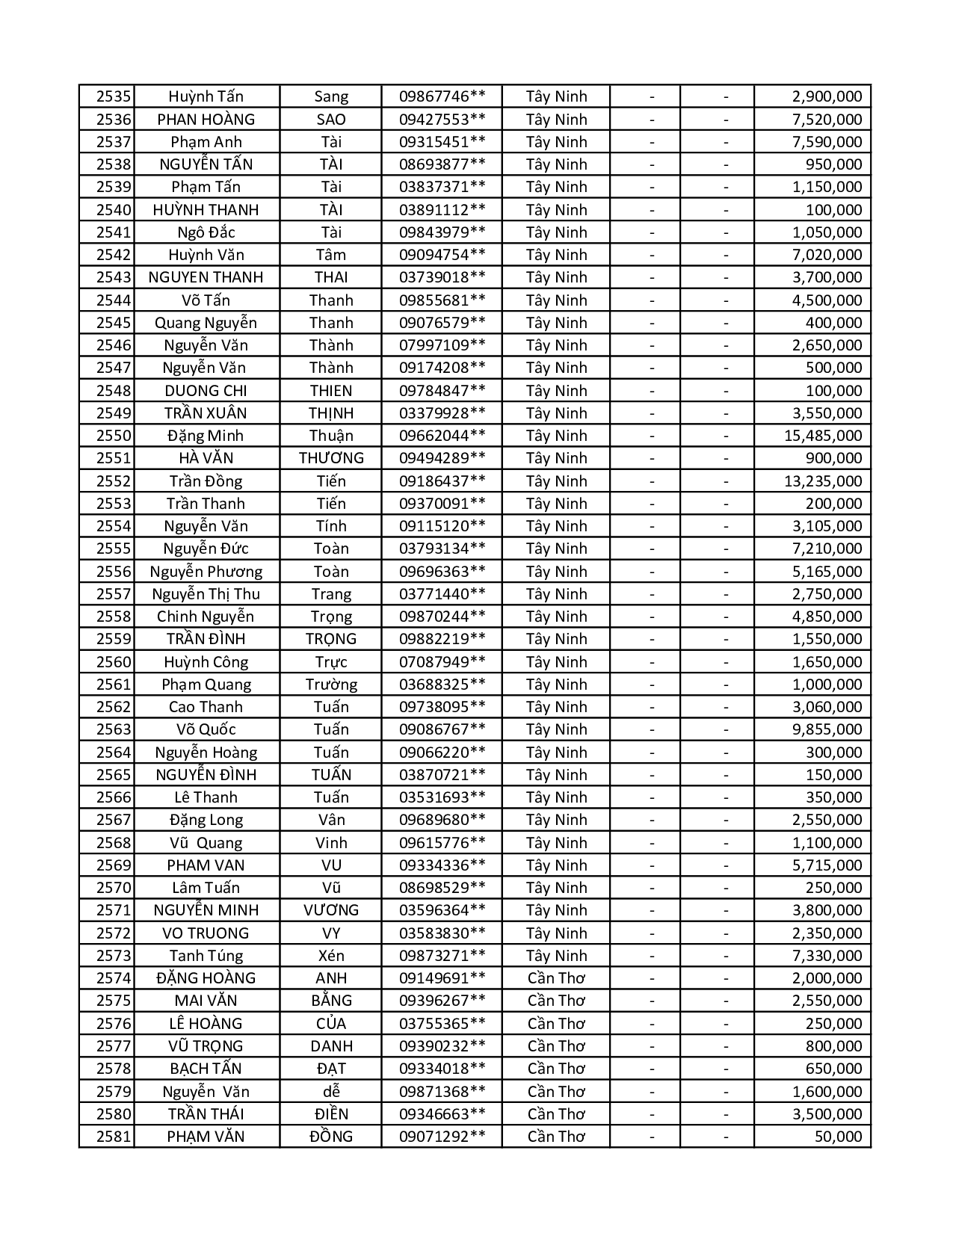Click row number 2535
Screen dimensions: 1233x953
tap(114, 96)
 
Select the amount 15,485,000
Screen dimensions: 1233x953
tap(822, 436)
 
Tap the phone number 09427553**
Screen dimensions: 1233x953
tap(442, 120)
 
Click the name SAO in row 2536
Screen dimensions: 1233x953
tap(330, 120)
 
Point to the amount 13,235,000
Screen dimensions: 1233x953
tap(822, 481)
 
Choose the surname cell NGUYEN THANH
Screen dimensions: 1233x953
tap(206, 277)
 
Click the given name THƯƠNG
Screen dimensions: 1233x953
tap(330, 458)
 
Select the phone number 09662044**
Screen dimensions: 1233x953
tap(442, 436)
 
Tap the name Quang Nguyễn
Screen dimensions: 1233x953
tap(206, 323)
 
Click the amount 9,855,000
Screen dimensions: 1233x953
tap(827, 729)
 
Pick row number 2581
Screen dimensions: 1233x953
tap(114, 1137)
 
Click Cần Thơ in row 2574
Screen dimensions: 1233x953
tap(556, 978)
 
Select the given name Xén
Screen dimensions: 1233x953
tap(330, 956)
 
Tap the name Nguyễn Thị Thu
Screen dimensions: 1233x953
tap(206, 594)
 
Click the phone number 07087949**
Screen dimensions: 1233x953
tap(442, 662)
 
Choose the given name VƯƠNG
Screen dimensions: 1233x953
tap(330, 910)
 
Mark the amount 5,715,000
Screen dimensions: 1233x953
tap(827, 865)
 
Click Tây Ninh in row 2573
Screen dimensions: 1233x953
tap(556, 956)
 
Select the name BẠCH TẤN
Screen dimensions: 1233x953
tap(206, 1069)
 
